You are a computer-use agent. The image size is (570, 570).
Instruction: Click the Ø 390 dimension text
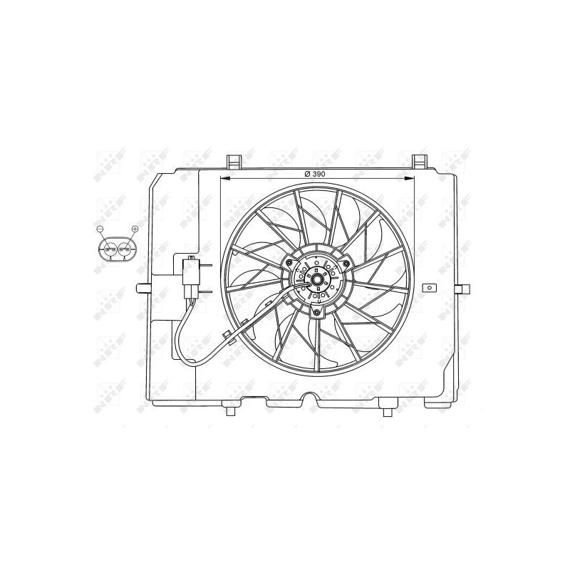coord(314,174)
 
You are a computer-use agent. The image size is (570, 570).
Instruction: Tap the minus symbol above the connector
coord(100,229)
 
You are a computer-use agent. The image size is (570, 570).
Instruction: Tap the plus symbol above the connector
coord(135,228)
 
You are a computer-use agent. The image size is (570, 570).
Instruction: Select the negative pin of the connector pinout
coord(108,249)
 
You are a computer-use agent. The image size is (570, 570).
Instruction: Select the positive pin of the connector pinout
coord(125,249)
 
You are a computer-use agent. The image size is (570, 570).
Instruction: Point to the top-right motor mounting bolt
coord(346,266)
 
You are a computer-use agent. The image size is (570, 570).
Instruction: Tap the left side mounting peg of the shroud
coord(142,289)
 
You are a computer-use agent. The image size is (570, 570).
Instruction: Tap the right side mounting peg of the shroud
coord(463,289)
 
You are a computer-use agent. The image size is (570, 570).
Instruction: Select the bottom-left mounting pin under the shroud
coord(230,411)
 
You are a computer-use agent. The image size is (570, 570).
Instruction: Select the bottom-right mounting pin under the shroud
coord(387,411)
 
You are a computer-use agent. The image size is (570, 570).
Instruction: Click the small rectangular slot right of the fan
coord(429,289)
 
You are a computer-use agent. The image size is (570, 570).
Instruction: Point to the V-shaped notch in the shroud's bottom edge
coord(309,399)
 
